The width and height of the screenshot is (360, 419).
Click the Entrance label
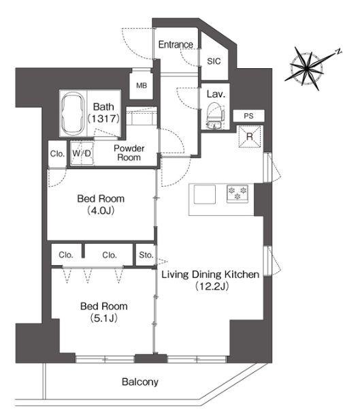176,44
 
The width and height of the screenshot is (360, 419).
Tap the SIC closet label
214,61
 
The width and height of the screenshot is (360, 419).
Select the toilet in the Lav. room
215,115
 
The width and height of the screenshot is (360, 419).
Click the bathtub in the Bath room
73,114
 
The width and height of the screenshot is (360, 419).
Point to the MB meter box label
142,86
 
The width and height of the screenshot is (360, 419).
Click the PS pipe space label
248,116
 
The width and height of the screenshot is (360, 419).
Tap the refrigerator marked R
250,136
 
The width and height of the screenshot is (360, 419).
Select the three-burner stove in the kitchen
238,193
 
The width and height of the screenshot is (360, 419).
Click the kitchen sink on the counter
205,194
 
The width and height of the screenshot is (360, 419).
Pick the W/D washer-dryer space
82,153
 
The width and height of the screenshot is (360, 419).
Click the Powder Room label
129,153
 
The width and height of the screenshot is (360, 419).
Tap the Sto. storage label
146,255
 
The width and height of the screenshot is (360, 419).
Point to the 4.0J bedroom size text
101,211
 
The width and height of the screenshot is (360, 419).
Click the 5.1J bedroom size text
104,318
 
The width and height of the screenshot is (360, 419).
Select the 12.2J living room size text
212,286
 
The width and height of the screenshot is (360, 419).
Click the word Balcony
140,382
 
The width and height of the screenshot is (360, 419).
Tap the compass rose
307,68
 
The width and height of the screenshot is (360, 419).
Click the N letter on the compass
338,51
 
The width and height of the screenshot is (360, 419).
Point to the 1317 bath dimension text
103,119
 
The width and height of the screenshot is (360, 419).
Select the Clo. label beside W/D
57,154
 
